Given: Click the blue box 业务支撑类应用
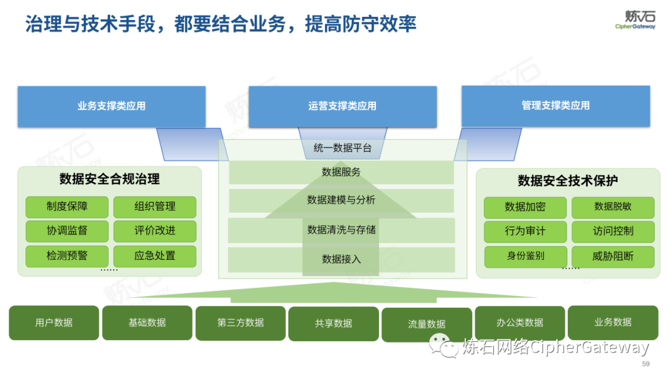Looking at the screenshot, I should [111, 106].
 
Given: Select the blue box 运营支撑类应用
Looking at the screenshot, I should [342, 106].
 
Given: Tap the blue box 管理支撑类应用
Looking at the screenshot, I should [555, 106].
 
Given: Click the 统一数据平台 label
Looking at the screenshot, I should [342, 148].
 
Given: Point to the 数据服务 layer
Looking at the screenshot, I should [341, 172].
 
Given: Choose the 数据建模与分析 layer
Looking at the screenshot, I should [341, 200].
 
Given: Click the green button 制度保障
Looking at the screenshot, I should [67, 206].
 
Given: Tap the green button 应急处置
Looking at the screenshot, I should [155, 256].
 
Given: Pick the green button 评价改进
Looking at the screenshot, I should [155, 231].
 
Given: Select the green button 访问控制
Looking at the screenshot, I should [613, 231].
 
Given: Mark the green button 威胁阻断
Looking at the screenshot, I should [613, 256].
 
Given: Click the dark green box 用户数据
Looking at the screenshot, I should [54, 323].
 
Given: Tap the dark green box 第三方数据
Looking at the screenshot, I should [240, 323].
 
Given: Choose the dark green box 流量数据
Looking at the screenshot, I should [427, 324].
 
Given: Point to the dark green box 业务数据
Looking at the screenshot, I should [613, 322].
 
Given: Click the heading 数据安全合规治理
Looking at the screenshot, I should [109, 180].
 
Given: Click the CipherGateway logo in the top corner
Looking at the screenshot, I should [635, 19].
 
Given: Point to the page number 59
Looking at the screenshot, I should [646, 364].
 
